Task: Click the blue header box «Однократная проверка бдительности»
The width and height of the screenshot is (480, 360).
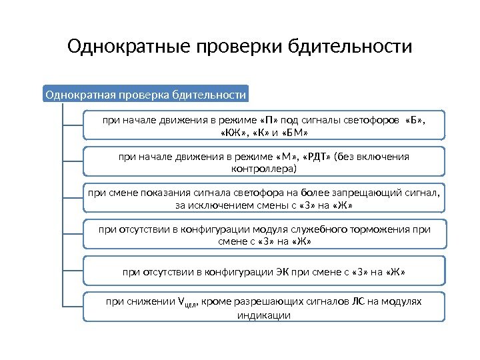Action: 145,95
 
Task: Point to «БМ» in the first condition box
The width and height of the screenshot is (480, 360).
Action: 293,132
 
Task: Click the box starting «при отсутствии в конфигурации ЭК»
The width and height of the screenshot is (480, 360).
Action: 263,272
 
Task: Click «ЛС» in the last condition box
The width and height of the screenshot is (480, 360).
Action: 359,302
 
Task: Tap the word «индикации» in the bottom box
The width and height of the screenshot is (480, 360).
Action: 264,315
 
